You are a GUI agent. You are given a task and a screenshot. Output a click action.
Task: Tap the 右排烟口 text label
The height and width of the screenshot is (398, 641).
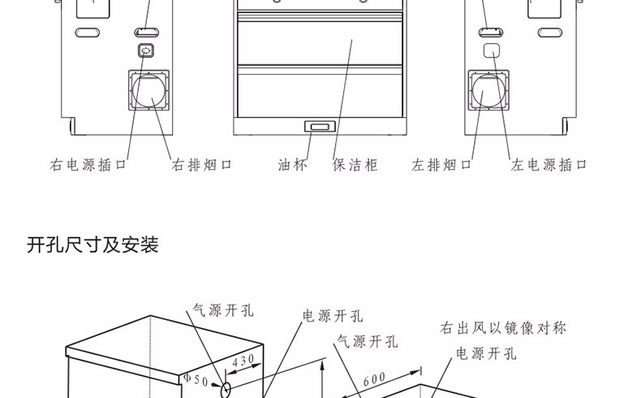pos(202,165)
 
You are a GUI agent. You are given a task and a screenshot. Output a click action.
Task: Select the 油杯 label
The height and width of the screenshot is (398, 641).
pos(293,165)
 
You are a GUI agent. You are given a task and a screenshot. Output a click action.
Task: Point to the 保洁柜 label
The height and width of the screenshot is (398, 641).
pos(355,165)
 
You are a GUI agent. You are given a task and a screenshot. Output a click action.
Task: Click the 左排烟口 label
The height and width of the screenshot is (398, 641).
pos(441,165)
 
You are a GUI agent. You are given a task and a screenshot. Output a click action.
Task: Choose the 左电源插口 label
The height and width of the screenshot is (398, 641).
pos(549,165)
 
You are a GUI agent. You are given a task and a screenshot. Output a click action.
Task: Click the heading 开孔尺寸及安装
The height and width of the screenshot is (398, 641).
pos(92,244)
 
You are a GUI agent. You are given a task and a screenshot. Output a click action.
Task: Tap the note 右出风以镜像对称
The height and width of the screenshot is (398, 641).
pos(503,328)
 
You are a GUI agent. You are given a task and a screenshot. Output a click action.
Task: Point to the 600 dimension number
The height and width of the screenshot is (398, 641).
pos(375,378)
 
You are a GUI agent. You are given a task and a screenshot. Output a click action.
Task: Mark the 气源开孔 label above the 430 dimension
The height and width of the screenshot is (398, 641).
pos(223,309)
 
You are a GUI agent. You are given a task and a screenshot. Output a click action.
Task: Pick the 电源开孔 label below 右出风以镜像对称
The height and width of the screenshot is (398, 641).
pos(486,353)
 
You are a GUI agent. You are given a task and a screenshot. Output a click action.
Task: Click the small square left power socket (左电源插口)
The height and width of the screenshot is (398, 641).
pos(490,50)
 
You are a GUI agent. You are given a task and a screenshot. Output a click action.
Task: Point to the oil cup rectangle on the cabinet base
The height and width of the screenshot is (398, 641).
pos(318,127)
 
